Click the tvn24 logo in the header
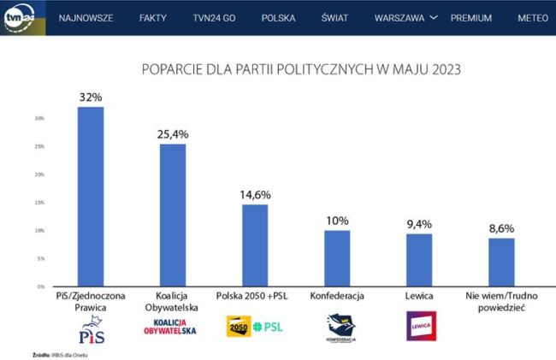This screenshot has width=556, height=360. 19,18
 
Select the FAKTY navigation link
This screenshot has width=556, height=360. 153,18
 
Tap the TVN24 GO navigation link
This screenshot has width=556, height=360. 214,18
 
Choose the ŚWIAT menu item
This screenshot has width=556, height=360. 335,18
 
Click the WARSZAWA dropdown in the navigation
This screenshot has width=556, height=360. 406,18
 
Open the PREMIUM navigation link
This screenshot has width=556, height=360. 471,18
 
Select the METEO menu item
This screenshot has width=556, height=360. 533,18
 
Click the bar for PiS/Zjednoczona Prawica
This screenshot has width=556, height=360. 91,197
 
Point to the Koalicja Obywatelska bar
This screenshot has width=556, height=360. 173,215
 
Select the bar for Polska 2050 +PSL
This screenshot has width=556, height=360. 255,245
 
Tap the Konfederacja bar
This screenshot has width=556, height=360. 337,258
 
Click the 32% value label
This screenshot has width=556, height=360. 91,96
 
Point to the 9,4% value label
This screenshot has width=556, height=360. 419,224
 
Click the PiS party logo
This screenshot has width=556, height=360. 91,326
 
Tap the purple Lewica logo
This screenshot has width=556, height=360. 421,326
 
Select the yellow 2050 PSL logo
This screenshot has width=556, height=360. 255,326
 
